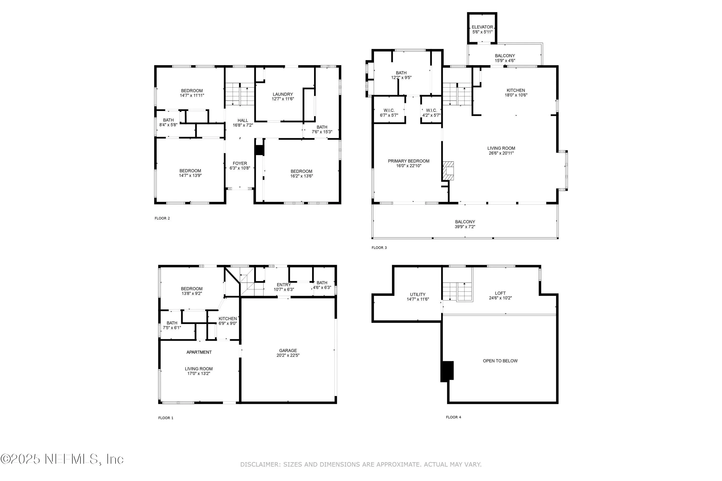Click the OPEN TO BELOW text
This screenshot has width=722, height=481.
500,361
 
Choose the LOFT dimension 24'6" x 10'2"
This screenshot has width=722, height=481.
500,298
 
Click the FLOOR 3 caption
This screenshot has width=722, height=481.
379,247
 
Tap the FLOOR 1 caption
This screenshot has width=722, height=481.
166,418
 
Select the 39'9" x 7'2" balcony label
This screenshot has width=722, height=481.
465,227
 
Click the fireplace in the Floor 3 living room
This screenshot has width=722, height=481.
448,171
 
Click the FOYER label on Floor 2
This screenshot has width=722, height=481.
240,164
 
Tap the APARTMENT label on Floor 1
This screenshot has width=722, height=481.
199,352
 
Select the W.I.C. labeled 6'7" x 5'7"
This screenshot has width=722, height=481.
389,113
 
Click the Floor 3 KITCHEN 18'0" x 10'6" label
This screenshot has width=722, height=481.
516,93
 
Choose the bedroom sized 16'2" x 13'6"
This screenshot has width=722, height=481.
302,174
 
